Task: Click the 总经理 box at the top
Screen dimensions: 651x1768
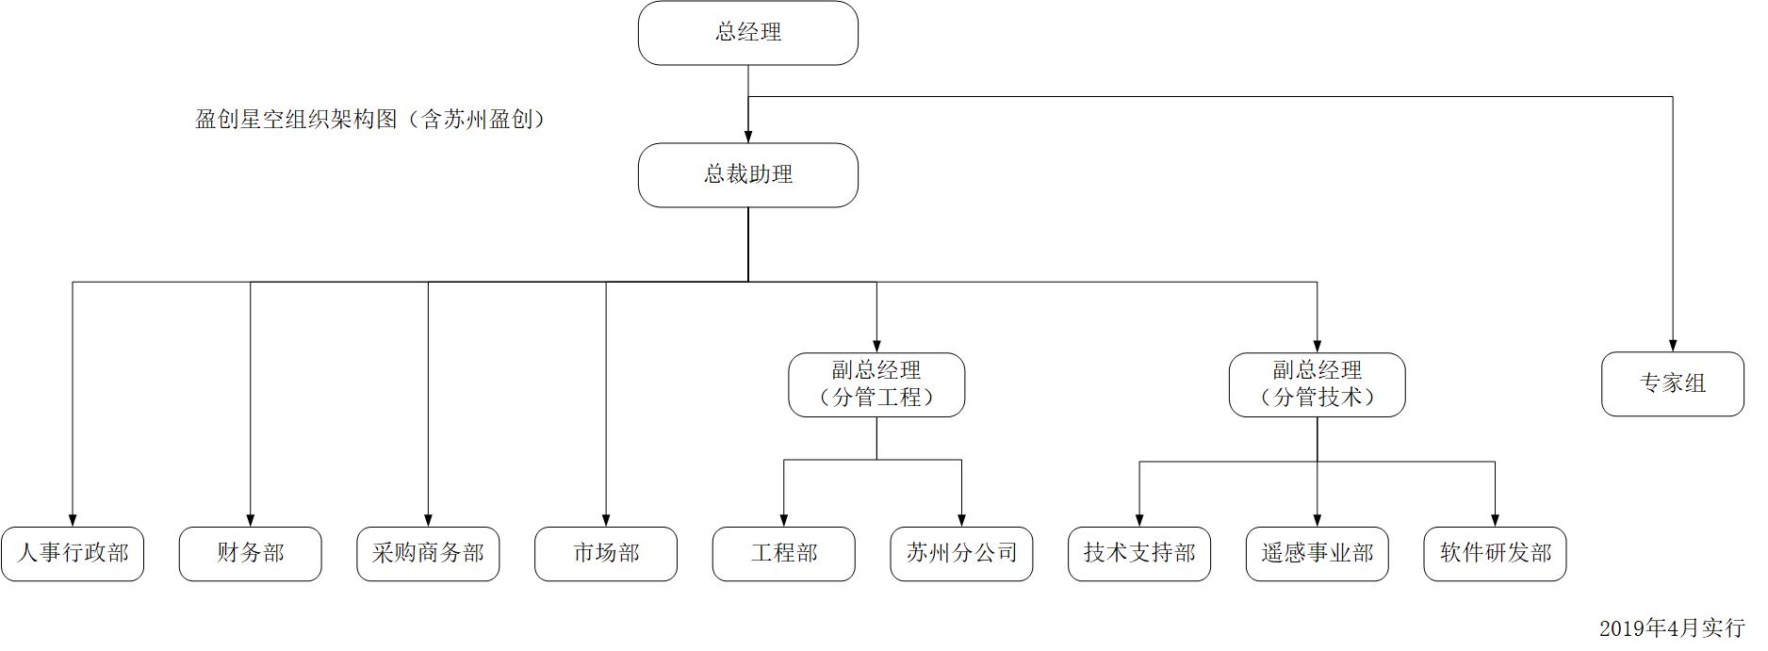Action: click(748, 33)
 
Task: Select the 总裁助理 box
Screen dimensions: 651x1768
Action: click(748, 175)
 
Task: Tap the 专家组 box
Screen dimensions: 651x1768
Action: click(1672, 384)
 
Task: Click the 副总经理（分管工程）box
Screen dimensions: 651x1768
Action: click(876, 384)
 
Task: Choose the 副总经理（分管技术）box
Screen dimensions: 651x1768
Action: click(1317, 384)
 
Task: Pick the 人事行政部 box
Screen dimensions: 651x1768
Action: click(73, 554)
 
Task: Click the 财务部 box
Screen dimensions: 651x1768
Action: click(250, 554)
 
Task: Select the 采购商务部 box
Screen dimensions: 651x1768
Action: click(428, 554)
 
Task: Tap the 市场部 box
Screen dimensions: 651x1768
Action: click(606, 554)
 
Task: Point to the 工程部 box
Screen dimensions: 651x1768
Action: click(784, 554)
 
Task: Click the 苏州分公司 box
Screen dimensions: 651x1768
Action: click(961, 554)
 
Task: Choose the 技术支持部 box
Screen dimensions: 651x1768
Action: click(1139, 554)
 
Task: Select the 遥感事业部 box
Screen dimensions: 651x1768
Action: click(1317, 554)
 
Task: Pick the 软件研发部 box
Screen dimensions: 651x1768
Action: click(1495, 554)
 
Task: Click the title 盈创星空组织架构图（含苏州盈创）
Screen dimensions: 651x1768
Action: click(370, 120)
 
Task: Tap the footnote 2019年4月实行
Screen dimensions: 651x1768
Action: click(1671, 628)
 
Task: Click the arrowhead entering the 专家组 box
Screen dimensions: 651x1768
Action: click(1673, 346)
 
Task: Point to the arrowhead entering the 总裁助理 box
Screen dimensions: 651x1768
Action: click(748, 137)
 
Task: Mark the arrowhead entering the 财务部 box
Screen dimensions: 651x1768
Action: click(251, 520)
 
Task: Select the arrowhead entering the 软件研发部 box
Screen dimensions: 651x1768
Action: click(1495, 520)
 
